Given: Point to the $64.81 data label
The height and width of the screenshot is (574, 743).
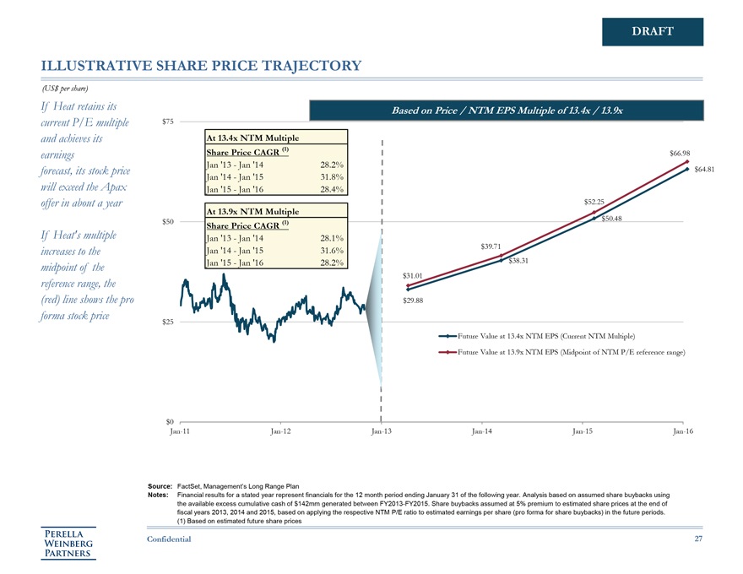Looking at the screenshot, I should point(705,170).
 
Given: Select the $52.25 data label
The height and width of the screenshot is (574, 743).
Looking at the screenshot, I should point(594,202).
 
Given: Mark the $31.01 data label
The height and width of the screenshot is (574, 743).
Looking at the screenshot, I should point(413,276).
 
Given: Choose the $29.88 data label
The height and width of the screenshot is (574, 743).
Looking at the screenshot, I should point(413,301).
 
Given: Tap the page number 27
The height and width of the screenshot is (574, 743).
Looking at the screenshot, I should point(697,539).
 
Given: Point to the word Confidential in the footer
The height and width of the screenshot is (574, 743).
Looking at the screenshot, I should point(169,539).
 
